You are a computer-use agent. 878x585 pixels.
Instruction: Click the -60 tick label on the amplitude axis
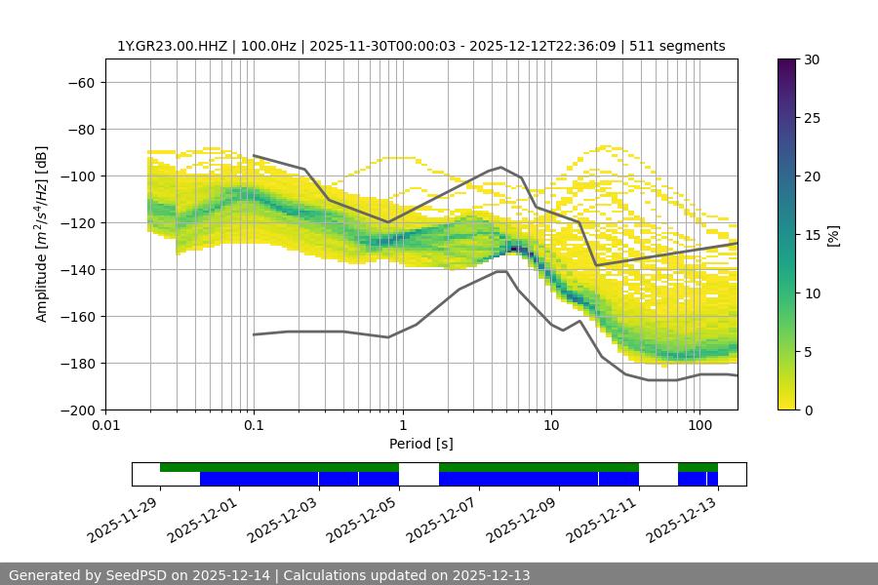[81, 83]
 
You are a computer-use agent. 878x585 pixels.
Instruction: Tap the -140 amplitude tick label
[77, 270]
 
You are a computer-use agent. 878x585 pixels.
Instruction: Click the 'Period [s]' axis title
[421, 444]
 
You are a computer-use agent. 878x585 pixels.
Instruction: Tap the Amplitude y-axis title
[42, 234]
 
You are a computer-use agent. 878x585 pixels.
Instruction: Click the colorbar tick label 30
[811, 59]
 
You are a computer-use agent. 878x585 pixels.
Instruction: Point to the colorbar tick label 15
[811, 235]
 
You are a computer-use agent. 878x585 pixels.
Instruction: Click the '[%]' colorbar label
[833, 234]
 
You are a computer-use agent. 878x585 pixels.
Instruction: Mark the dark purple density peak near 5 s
[514, 249]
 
